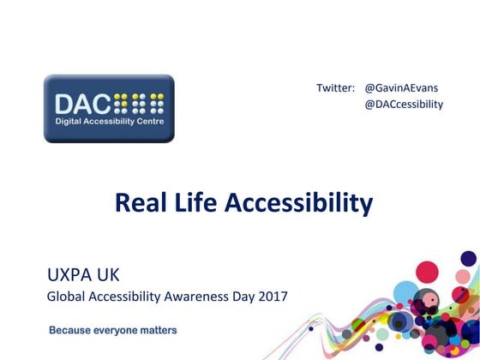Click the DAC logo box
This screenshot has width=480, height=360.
pos(109,108)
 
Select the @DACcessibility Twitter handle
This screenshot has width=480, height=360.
pos(404,105)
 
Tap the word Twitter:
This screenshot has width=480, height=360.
pos(335,88)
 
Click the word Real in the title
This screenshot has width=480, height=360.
pos(138,202)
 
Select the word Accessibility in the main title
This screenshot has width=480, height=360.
pos(298,202)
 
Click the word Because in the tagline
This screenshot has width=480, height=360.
pos(71,329)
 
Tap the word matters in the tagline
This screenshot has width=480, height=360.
pos(161,329)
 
